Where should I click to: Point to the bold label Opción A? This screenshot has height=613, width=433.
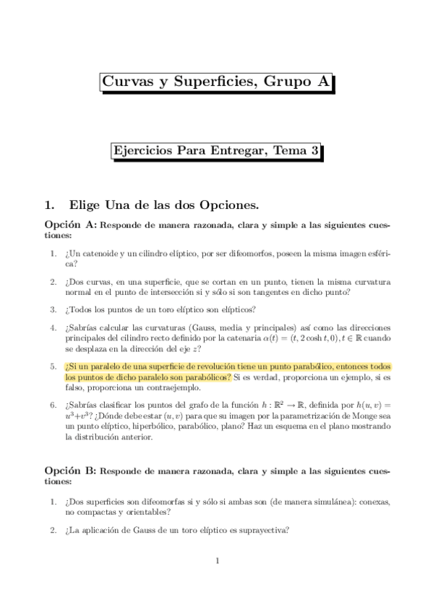click(70, 226)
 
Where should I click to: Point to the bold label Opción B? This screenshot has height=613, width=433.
click(70, 470)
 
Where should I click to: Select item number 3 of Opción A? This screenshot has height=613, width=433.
click(53, 309)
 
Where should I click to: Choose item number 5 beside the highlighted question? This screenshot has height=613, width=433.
click(53, 366)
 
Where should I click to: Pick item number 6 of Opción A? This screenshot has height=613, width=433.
click(53, 406)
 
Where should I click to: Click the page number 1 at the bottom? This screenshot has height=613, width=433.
click(217, 560)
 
